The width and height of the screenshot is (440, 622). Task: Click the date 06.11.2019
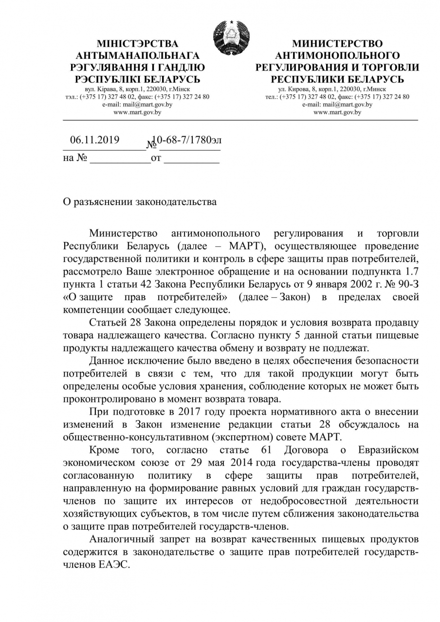point(94,140)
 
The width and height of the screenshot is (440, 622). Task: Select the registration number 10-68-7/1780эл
point(187,140)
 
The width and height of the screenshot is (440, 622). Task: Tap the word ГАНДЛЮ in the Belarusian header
point(182,68)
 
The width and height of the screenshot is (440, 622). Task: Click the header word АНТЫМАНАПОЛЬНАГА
point(138,56)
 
